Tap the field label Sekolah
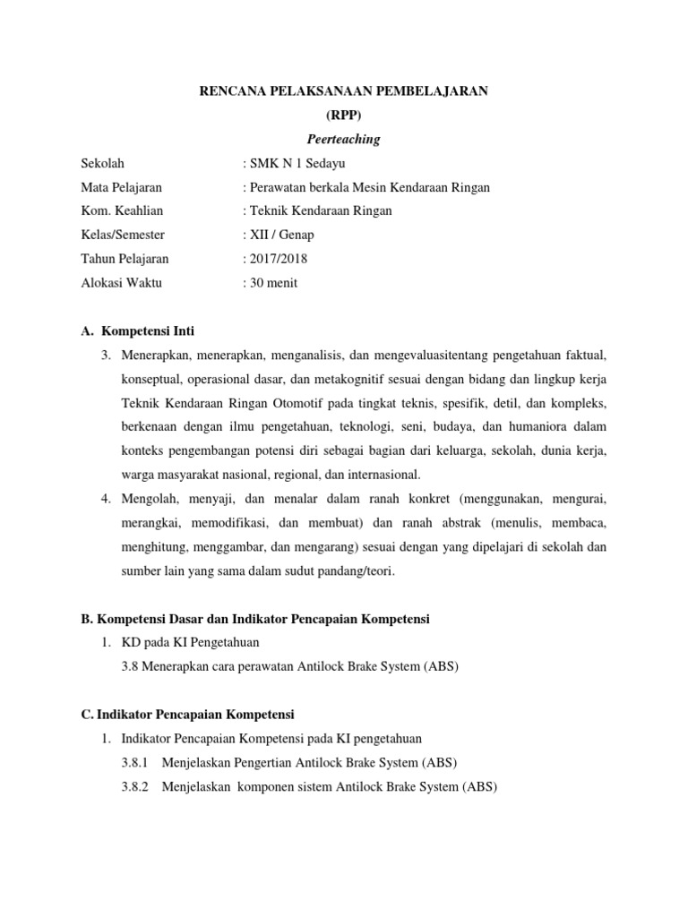tap(102, 163)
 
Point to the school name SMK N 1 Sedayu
tap(297, 163)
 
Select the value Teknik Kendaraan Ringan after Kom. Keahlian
tap(321, 211)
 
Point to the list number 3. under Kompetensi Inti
tap(105, 356)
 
